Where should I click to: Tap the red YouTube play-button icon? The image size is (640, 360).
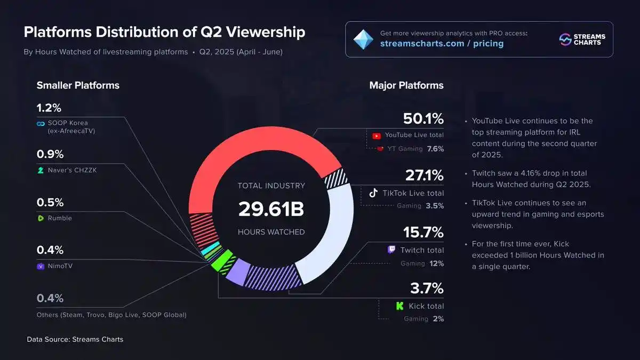[x=376, y=136]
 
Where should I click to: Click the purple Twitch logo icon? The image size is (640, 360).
[x=391, y=250]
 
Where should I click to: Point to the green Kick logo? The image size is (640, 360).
[x=399, y=306]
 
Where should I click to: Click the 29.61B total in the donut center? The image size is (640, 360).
[x=271, y=209]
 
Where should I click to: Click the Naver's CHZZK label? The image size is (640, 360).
[x=69, y=170]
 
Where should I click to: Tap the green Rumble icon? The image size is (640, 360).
[x=40, y=218]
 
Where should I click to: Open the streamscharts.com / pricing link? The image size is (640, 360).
[x=442, y=43]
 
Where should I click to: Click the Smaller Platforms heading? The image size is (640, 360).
[x=78, y=85]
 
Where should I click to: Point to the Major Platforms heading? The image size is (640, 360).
[x=406, y=85]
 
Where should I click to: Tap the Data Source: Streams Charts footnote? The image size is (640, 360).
[x=75, y=339]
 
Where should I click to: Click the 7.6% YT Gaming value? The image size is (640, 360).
[x=435, y=149]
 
